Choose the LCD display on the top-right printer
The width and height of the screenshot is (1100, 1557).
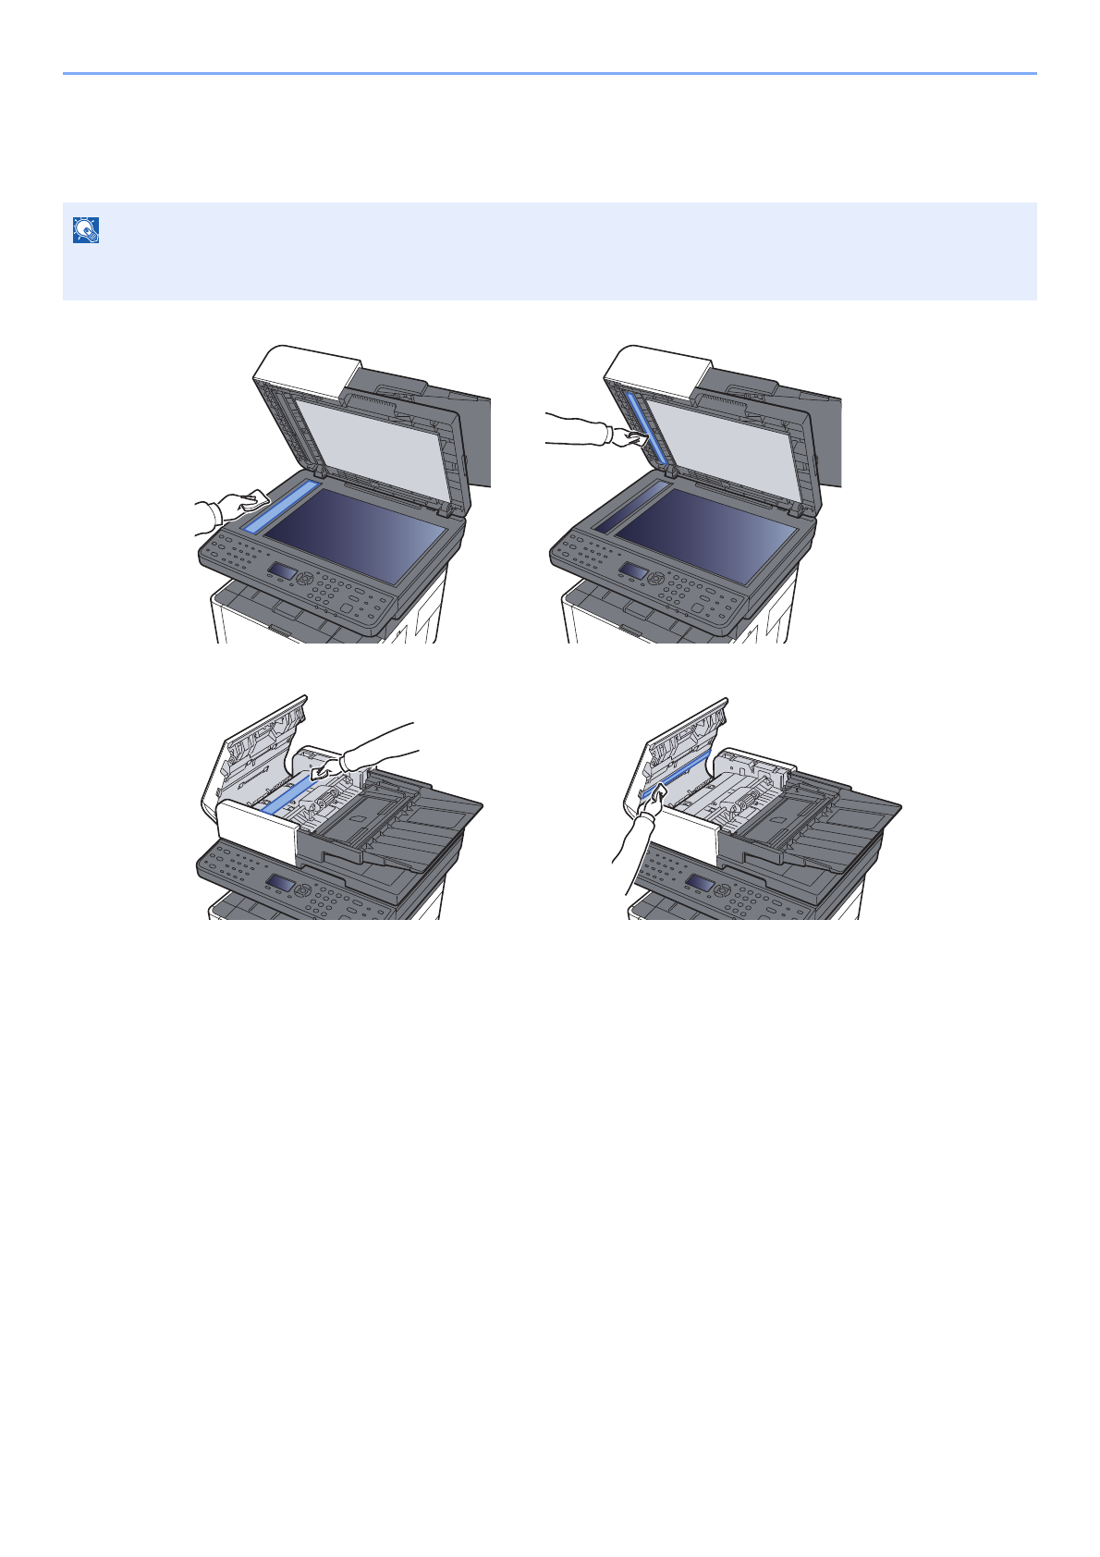(633, 571)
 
